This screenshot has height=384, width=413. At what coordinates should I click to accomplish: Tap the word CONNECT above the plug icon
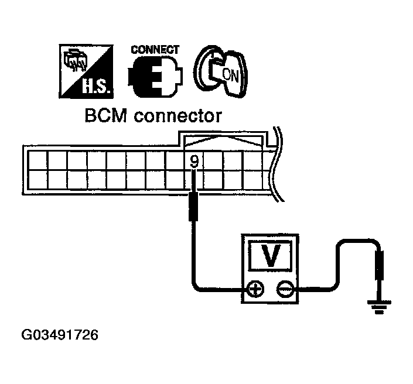tap(155, 50)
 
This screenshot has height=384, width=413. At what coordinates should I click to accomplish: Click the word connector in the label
tap(178, 116)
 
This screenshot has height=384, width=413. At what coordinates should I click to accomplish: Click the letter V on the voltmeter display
tap(269, 256)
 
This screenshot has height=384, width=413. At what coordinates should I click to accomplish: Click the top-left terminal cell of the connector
tap(36, 159)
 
